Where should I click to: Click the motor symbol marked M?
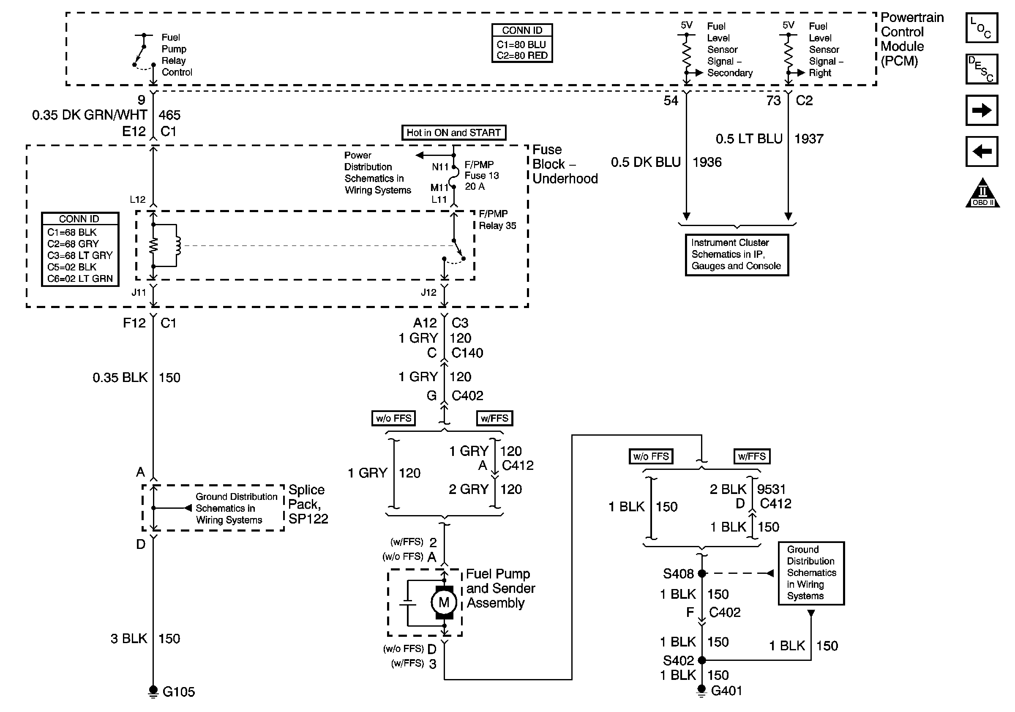coord(444,602)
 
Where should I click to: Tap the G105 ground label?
coord(179,692)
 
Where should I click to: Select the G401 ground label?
coord(726,691)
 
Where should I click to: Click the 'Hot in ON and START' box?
coord(453,133)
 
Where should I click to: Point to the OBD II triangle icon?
coord(982,194)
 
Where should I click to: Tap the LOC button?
coord(981,28)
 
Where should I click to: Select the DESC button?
coord(981,69)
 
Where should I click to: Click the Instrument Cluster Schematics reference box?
coord(737,254)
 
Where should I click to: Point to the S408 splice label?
coord(678,574)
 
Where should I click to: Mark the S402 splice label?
coord(678,660)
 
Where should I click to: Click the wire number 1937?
coord(808,139)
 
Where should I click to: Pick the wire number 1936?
coord(707,162)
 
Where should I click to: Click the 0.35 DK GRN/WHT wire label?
coord(89,115)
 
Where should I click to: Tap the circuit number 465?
coord(169,115)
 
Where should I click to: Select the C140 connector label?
coord(467,353)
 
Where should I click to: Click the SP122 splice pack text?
coord(308,518)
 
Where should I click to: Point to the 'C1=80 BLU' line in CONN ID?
coord(521,45)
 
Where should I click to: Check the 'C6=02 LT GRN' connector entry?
coord(80,279)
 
